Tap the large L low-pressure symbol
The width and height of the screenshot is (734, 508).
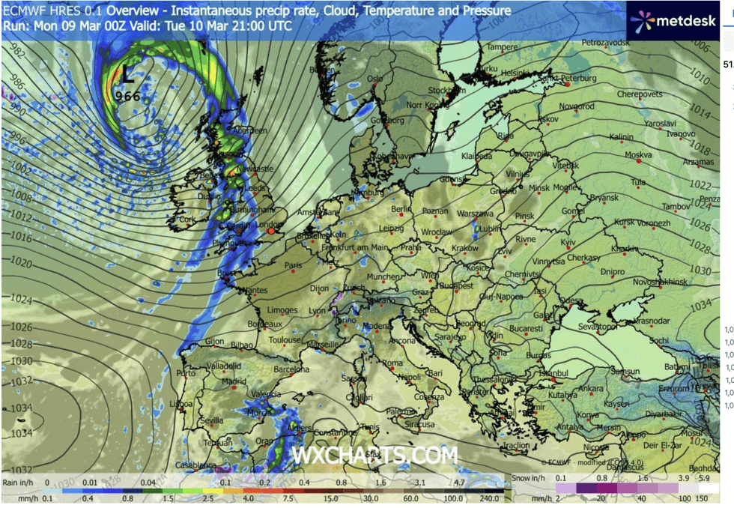pos(128,74)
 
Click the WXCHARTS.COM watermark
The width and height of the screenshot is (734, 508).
pos(374,455)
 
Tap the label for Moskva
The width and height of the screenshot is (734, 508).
pos(638,155)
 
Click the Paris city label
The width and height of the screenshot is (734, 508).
pos(293,264)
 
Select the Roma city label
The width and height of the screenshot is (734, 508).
pos(392,363)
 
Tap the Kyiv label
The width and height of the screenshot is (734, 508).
pos(570,244)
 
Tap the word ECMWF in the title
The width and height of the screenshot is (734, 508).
pos(23,11)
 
